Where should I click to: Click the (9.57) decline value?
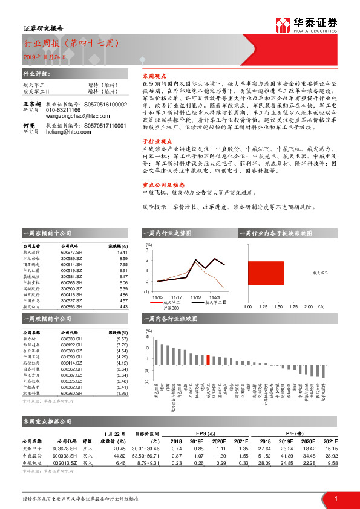(x=122, y=340)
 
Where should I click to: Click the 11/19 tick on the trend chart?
(x=195, y=297)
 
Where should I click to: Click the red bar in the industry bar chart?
(x=209, y=360)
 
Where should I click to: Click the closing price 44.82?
(x=119, y=455)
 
